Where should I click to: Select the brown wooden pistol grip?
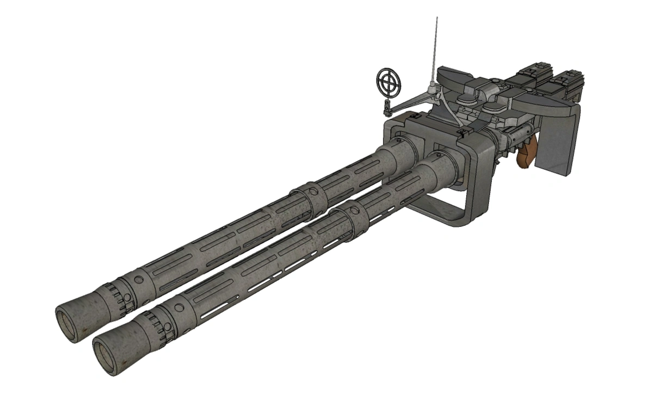click(x=526, y=155)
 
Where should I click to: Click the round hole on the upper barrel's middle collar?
click(x=312, y=193)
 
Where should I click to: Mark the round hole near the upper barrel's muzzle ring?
click(x=139, y=279)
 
